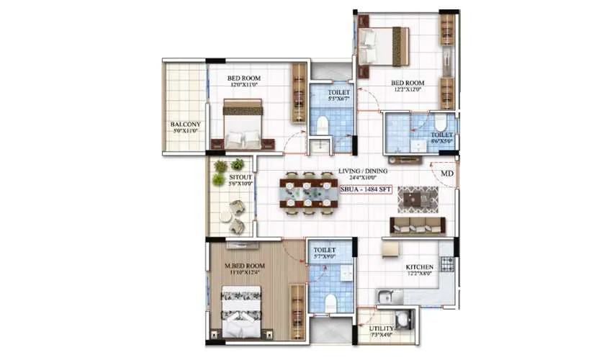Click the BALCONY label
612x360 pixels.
point(186,125)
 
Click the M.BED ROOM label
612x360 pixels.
point(245,266)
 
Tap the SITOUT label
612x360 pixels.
point(240,176)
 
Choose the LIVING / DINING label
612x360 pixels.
point(363,171)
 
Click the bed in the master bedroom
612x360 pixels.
point(240,312)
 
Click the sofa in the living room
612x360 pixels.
point(418,225)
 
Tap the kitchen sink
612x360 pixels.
point(390,295)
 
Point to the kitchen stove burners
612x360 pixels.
point(447,264)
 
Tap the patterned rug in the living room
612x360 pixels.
point(418,198)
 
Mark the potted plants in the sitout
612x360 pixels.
point(228,171)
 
